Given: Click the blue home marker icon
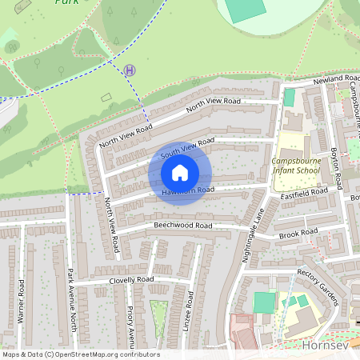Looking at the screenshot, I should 180,173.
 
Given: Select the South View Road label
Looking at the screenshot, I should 188,147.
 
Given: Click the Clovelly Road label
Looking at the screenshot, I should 121,280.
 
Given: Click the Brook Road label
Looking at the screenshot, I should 298,234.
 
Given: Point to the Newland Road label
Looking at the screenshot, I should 337,79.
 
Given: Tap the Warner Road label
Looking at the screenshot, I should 21,306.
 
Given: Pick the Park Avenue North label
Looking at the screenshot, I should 73,295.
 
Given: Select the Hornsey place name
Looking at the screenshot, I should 328,346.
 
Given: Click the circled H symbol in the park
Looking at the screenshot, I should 130,70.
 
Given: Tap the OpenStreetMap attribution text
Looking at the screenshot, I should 80,354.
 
